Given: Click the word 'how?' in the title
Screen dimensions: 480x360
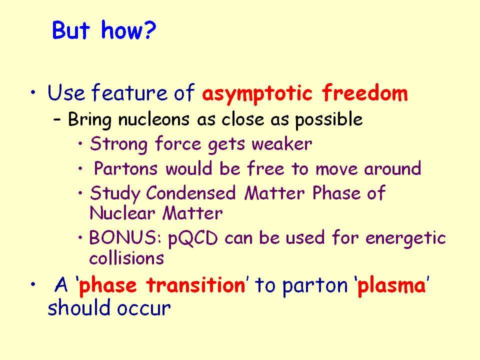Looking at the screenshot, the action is pyautogui.click(x=128, y=30).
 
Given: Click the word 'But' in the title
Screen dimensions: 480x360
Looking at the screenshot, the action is pyautogui.click(x=71, y=30).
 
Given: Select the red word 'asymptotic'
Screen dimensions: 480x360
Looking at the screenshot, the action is pyautogui.click(x=257, y=93).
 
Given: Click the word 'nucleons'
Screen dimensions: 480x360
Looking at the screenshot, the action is pyautogui.click(x=153, y=119).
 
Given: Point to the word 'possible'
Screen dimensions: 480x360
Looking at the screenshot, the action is pyautogui.click(x=329, y=119).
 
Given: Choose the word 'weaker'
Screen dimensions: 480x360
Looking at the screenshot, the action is pyautogui.click(x=282, y=144).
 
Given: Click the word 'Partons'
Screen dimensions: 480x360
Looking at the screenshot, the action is pyautogui.click(x=125, y=168).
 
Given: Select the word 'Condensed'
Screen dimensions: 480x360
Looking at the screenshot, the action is pyautogui.click(x=190, y=193).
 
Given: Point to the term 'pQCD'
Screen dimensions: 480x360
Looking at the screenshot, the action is pyautogui.click(x=193, y=239).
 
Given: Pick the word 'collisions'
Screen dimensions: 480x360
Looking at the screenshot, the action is pyautogui.click(x=126, y=258).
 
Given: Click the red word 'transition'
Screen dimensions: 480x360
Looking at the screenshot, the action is pyautogui.click(x=196, y=285).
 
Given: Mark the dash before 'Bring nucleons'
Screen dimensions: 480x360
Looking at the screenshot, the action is pyautogui.click(x=56, y=119).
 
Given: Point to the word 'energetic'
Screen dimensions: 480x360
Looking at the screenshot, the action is pyautogui.click(x=405, y=239).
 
